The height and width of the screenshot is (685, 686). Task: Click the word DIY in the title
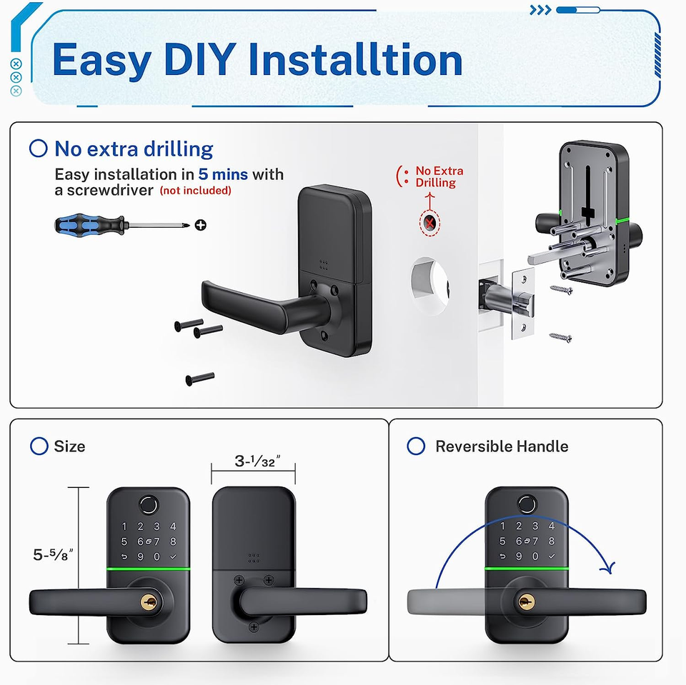click(x=200, y=59)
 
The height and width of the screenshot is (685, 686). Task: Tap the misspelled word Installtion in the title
click(x=355, y=59)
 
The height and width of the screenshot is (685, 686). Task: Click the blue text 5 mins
click(x=223, y=174)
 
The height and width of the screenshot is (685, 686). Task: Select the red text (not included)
click(x=196, y=190)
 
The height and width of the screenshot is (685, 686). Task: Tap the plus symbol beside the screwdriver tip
click(x=200, y=225)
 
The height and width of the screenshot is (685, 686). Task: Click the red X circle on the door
click(x=429, y=223)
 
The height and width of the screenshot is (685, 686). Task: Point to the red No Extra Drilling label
click(x=439, y=176)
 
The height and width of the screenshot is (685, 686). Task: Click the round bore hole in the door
click(x=429, y=286)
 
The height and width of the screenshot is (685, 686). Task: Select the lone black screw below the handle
click(x=200, y=379)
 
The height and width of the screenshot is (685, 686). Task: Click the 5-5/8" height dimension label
click(x=53, y=555)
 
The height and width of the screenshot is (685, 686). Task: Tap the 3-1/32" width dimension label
click(x=257, y=461)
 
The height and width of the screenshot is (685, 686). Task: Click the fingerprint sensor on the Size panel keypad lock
click(x=149, y=505)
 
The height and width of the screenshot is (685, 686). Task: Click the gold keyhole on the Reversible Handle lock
click(x=527, y=603)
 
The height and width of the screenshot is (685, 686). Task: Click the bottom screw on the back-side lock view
click(x=254, y=627)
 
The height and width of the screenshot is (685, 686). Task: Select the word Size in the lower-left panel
click(x=69, y=446)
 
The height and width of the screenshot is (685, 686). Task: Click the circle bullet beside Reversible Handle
click(x=416, y=446)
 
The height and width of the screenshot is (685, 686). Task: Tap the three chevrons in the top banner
click(x=540, y=9)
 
